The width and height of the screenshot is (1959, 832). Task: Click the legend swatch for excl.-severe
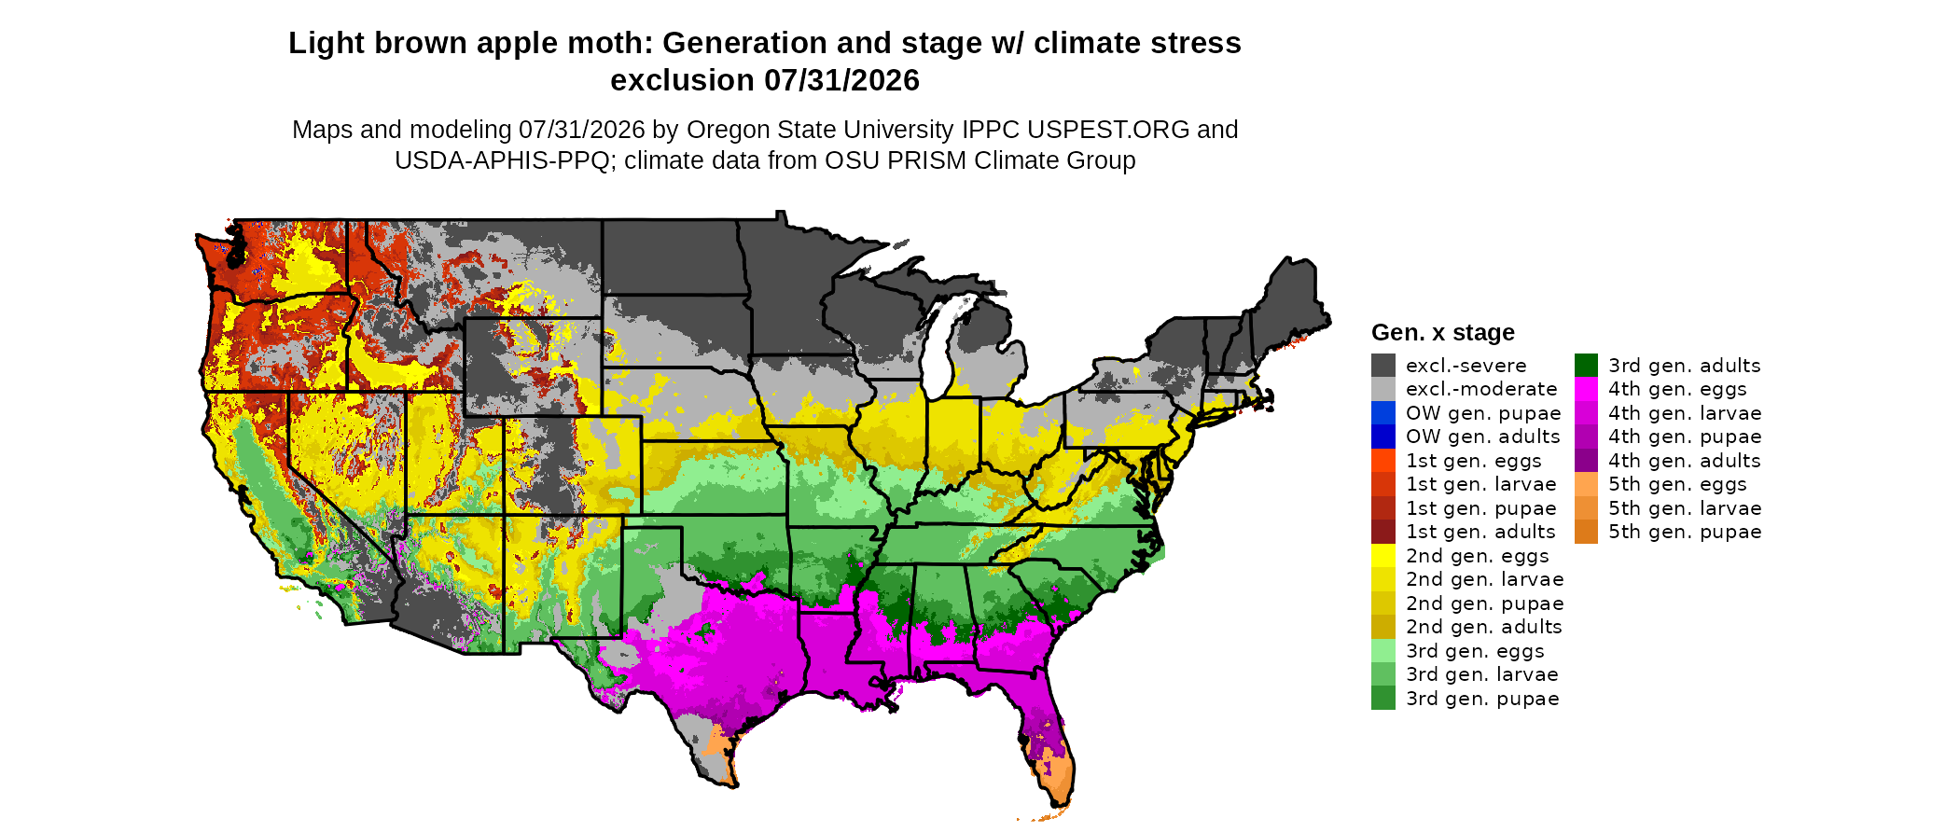pos(1383,365)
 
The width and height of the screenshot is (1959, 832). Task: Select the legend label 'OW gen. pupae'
pos(1483,413)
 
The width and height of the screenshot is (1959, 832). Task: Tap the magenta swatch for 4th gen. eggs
pos(1586,389)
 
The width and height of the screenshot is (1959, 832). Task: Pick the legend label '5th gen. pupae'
pos(1685,532)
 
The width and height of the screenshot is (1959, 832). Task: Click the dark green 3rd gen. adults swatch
pos(1586,365)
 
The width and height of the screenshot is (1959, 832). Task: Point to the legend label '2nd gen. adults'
pos(1484,627)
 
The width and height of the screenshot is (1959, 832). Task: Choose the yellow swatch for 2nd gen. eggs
pos(1383,555)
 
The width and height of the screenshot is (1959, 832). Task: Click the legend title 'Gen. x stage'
pos(1443,332)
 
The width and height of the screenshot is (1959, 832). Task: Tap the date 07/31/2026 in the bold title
pos(842,80)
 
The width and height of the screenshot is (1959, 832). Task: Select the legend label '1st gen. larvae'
pos(1481,484)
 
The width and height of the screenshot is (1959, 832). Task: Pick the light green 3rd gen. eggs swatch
pos(1383,650)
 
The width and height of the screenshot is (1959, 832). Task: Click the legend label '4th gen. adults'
pos(1685,461)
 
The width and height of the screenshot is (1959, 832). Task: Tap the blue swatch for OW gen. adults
pos(1383,437)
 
